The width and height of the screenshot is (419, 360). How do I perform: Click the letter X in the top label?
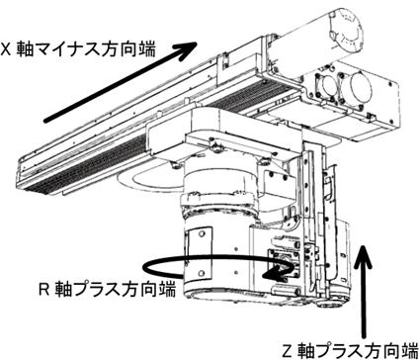(6, 49)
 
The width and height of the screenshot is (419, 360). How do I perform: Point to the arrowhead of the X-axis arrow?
(187, 50)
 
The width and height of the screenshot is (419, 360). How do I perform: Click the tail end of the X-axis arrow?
(46, 121)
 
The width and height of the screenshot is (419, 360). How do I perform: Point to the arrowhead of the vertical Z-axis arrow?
(363, 255)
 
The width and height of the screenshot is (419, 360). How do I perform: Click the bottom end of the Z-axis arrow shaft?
(364, 337)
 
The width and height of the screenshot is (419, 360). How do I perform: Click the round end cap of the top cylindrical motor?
(345, 31)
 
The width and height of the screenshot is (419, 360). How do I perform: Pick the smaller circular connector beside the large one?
(328, 86)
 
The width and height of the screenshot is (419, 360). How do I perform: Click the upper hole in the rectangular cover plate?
(202, 234)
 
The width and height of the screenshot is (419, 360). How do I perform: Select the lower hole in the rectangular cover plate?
(203, 273)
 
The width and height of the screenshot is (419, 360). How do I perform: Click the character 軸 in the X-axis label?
(25, 49)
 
